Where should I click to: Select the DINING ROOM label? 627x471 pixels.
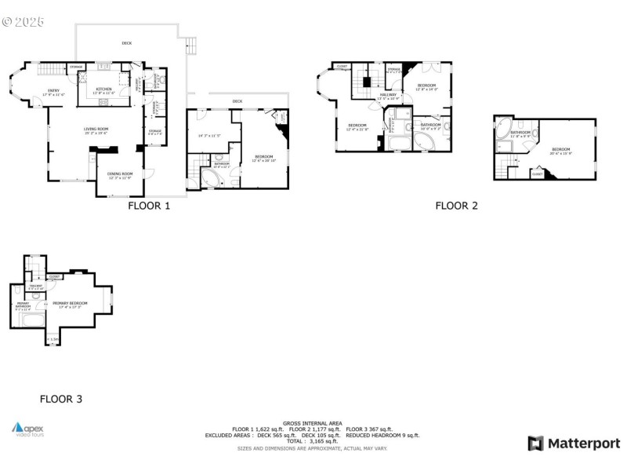[x=120, y=175]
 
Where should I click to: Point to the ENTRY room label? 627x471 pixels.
[x=53, y=93]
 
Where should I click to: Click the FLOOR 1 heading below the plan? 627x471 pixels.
[x=149, y=206]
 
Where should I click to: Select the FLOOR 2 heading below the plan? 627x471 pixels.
[x=456, y=206]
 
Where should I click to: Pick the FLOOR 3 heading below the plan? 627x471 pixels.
[x=61, y=400]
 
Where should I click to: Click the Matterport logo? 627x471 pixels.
[x=574, y=444]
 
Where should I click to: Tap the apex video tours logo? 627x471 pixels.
[x=28, y=429]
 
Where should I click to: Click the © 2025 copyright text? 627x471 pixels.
[x=24, y=21]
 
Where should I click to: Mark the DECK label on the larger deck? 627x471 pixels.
[x=126, y=43]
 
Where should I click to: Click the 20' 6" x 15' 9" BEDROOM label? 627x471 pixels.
[x=561, y=151]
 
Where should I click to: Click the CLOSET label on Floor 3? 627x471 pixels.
[x=55, y=277]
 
